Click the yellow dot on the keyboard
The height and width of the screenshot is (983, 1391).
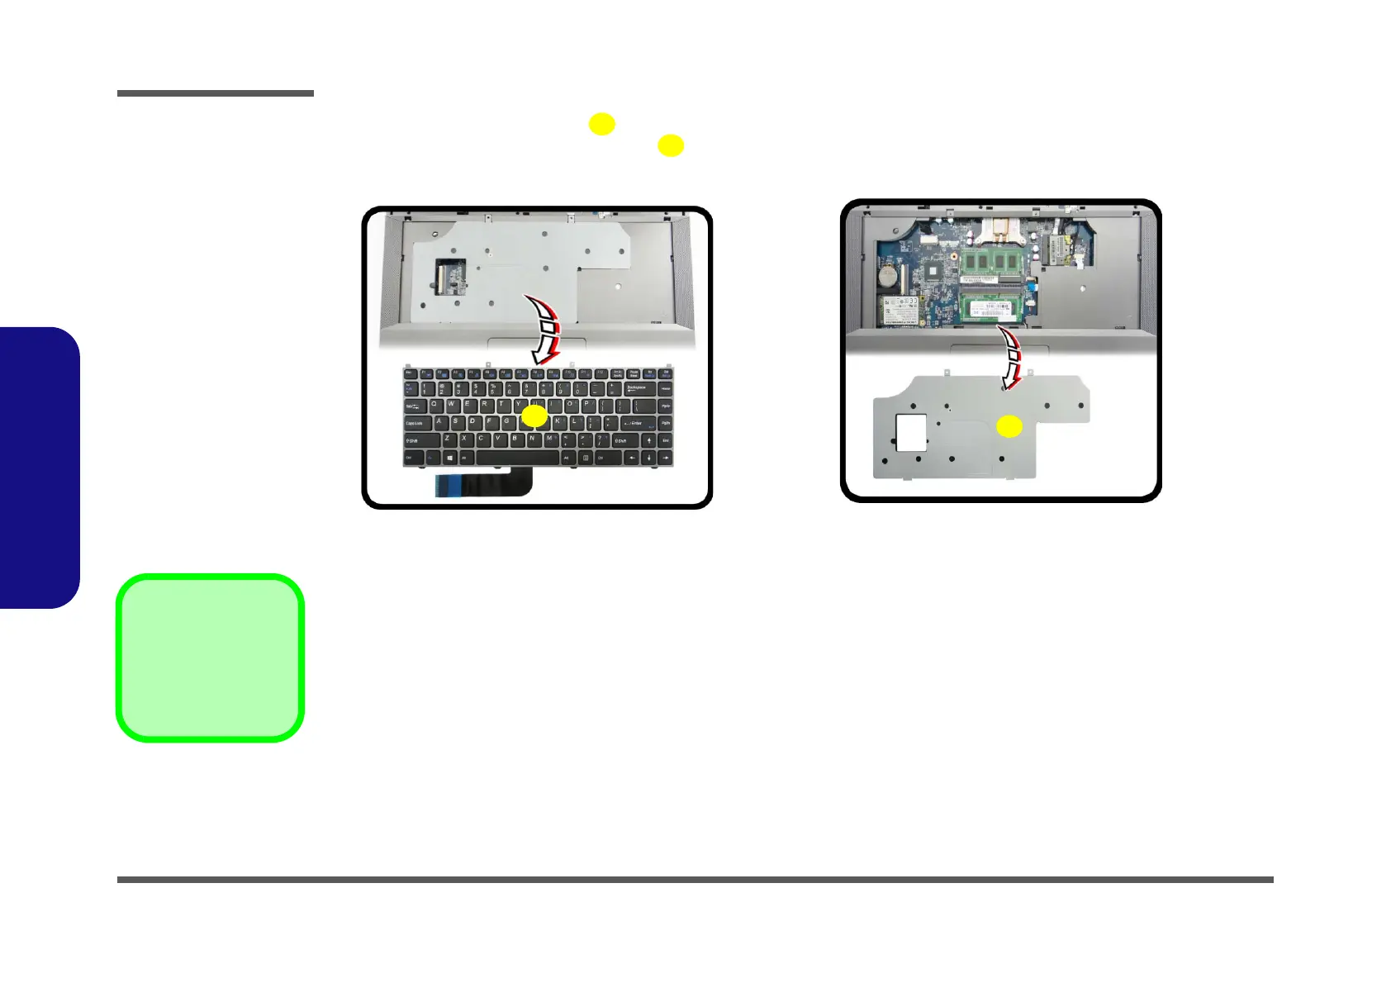click(534, 416)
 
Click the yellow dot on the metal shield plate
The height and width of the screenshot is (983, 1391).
click(1009, 426)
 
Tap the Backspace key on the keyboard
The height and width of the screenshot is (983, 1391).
click(637, 387)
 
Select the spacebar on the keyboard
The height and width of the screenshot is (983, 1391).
click(517, 458)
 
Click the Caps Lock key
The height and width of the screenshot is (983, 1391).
click(416, 423)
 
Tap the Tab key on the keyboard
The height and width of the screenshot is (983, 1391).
click(413, 406)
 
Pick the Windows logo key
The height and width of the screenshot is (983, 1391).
click(449, 458)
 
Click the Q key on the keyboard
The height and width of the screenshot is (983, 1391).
click(434, 406)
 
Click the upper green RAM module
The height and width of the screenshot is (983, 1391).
click(991, 263)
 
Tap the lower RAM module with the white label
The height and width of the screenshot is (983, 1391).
click(991, 310)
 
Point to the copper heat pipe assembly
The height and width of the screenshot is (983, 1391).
click(999, 230)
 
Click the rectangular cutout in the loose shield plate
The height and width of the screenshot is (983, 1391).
click(910, 432)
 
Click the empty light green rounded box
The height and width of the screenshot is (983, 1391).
click(210, 658)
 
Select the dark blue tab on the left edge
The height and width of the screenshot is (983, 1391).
click(39, 468)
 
